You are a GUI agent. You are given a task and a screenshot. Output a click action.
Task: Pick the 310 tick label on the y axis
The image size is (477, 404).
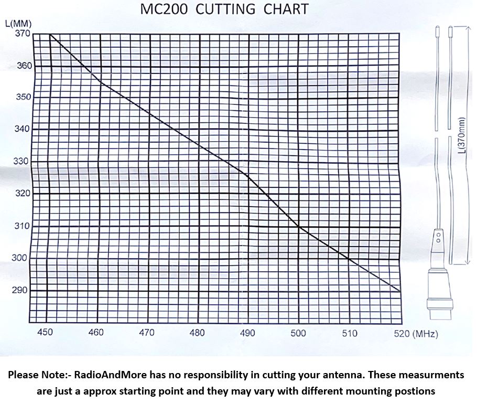[23, 226]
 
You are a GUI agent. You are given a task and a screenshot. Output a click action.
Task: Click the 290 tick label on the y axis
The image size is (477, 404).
[23, 290]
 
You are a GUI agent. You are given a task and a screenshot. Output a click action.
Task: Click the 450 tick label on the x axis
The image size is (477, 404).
[46, 333]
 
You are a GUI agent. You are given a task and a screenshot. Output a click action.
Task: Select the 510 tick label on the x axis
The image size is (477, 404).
[349, 333]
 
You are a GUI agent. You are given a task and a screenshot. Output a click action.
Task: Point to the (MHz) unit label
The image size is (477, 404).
[425, 333]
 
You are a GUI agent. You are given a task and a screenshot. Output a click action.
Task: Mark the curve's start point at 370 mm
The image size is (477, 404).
[50, 35]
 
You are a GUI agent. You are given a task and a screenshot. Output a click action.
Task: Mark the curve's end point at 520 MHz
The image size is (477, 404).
[400, 291]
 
